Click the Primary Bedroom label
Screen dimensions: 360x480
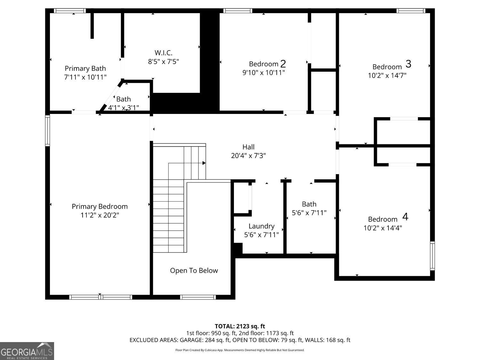[x=100, y=206]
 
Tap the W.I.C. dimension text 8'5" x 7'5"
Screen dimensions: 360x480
[x=163, y=61]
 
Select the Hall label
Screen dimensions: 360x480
[x=248, y=147]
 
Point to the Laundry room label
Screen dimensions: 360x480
[x=261, y=226]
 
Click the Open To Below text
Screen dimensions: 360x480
[x=194, y=270]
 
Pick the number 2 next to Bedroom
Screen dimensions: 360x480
[x=283, y=64]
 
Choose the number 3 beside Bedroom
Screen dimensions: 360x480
[x=408, y=64]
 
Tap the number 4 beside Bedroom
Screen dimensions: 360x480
[x=405, y=217]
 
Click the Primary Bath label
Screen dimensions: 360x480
[x=85, y=68]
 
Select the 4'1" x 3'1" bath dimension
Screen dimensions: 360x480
[x=124, y=108]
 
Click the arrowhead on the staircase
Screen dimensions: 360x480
[x=204, y=163]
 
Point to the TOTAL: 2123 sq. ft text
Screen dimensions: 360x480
[x=240, y=326]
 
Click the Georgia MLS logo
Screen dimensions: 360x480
[x=27, y=351]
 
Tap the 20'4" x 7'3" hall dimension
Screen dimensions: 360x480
[x=248, y=156]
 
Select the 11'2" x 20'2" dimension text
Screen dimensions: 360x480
[x=100, y=215]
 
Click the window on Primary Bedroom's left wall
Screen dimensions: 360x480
[x=48, y=131]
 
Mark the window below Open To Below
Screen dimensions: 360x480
[x=198, y=297]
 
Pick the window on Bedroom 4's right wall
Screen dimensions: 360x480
[x=432, y=256]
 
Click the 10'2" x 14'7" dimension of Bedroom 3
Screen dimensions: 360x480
[x=387, y=76]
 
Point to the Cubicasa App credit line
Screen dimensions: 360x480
[x=240, y=350]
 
